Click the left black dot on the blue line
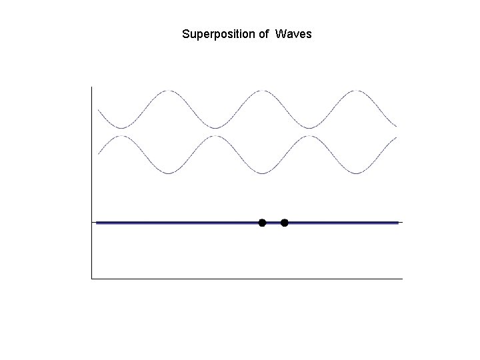point(262,222)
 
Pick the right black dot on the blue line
point(285,222)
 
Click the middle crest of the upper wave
point(264,91)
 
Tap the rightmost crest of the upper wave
point(358,91)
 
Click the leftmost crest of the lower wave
point(122,136)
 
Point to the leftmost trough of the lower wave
point(169,173)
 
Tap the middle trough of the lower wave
point(264,173)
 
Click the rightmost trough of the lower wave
point(358,173)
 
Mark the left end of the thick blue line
point(97,223)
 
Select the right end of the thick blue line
point(398,223)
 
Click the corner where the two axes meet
point(91,279)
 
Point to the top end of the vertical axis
point(91,87)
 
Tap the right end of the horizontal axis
point(402,279)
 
